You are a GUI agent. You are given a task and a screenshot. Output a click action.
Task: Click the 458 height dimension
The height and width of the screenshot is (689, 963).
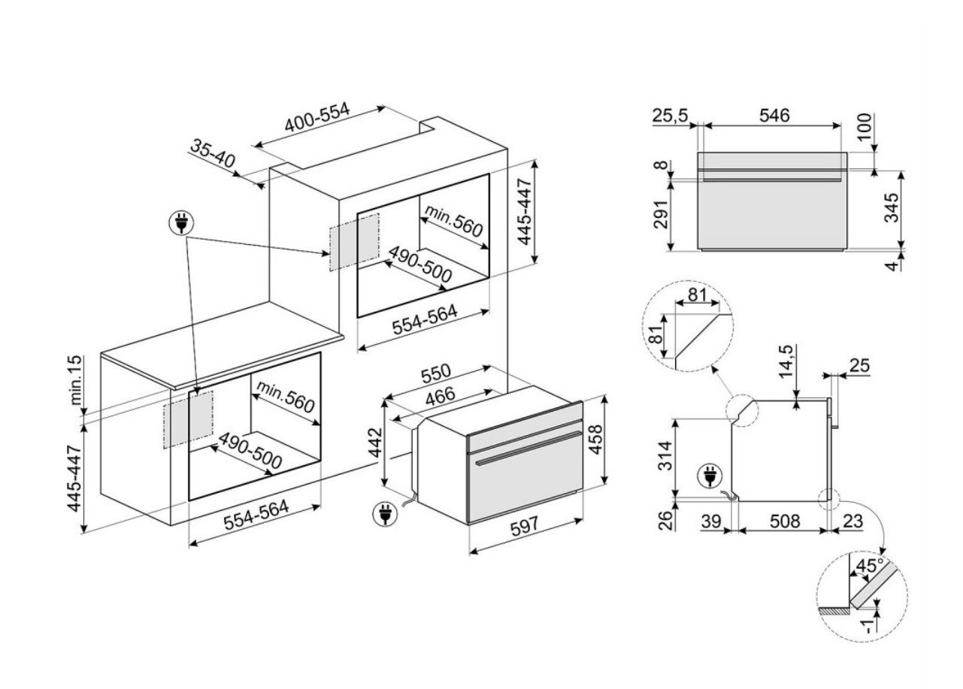pyautogui.click(x=595, y=440)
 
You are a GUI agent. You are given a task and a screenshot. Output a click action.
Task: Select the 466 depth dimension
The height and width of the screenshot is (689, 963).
pyautogui.click(x=441, y=397)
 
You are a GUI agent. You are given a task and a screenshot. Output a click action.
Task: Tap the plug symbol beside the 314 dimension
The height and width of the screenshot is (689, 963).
pyautogui.click(x=710, y=476)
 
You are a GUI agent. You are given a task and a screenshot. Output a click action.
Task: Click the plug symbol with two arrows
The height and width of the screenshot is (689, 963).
pyautogui.click(x=182, y=222)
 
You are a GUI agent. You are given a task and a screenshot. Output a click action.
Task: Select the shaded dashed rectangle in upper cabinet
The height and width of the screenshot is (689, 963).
pyautogui.click(x=353, y=241)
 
